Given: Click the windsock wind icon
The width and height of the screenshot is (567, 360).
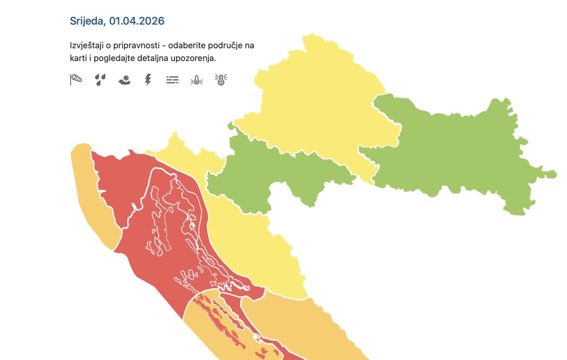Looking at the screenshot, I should pyautogui.click(x=76, y=80).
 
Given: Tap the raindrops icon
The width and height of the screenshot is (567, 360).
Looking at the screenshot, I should pyautogui.click(x=100, y=80).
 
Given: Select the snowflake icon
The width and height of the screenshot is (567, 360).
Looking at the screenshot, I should pyautogui.click(x=124, y=80).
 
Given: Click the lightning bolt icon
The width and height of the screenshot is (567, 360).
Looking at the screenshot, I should pyautogui.click(x=148, y=80).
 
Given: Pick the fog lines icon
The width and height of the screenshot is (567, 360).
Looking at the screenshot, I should pyautogui.click(x=172, y=80).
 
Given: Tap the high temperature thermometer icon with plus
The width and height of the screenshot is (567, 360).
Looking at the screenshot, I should pyautogui.click(x=221, y=80).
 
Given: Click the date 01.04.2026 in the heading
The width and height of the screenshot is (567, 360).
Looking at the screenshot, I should pyautogui.click(x=137, y=21).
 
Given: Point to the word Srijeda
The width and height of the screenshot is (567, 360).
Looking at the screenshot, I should pyautogui.click(x=88, y=21).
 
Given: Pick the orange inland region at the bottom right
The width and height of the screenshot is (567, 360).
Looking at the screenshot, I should pyautogui.click(x=302, y=326).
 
